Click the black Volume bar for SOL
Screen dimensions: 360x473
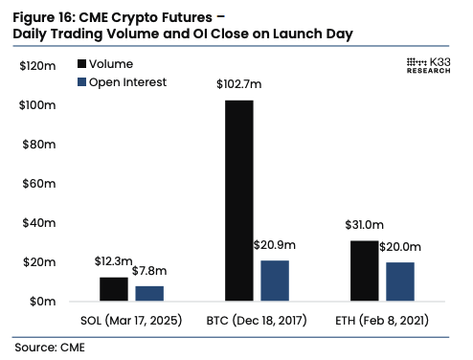click(113, 289)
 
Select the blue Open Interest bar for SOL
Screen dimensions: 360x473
click(149, 293)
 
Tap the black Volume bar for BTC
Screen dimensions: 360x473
click(238, 200)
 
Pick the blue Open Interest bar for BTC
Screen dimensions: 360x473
click(275, 281)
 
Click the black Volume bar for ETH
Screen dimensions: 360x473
click(364, 270)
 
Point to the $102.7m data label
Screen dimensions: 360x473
click(239, 85)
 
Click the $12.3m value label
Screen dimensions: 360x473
click(113, 261)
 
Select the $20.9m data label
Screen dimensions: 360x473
click(275, 245)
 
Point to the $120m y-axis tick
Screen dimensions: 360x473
click(39, 65)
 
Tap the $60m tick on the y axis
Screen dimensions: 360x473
click(41, 183)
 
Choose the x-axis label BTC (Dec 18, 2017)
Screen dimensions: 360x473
click(257, 319)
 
